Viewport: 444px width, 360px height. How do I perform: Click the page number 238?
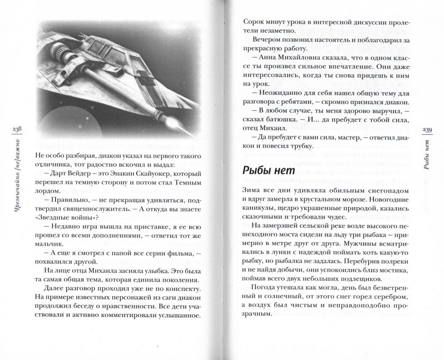pyautogui.click(x=11, y=129)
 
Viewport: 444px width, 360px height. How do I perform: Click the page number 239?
pyautogui.click(x=427, y=129)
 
